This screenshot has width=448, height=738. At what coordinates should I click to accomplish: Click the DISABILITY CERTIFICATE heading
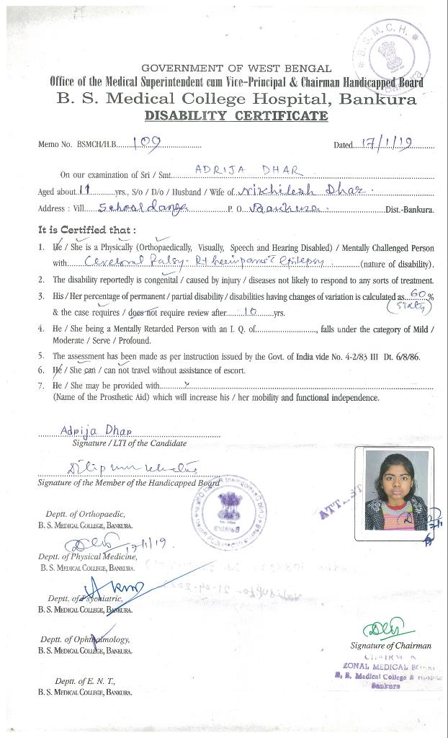(236, 116)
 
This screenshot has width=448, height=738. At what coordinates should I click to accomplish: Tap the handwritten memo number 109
(147, 142)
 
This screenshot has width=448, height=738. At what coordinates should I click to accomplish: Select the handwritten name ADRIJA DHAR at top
(248, 170)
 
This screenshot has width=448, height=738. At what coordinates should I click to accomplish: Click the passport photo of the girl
(395, 493)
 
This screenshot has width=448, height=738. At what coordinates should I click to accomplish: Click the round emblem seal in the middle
(228, 510)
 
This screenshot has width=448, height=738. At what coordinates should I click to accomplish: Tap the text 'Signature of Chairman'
(390, 646)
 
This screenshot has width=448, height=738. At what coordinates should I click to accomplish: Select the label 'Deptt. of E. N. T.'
(85, 681)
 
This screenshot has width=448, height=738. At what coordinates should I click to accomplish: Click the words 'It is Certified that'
(86, 230)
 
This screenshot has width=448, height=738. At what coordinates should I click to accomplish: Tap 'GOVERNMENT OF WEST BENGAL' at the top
(236, 68)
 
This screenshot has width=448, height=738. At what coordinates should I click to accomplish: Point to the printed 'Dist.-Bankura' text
(410, 210)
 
